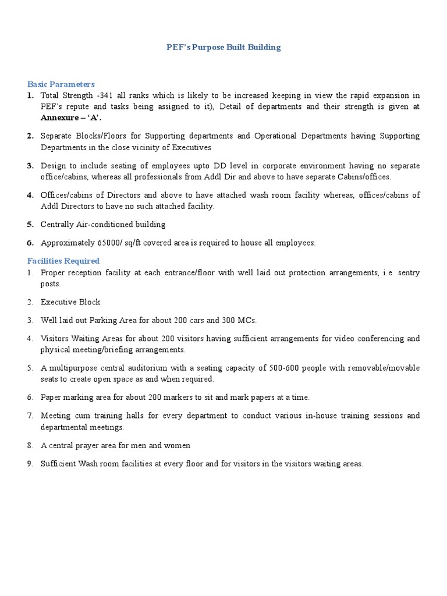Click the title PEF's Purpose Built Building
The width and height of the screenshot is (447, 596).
[223, 47]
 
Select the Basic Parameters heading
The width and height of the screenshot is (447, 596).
[61, 84]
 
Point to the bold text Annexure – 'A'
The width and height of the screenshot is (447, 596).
[70, 117]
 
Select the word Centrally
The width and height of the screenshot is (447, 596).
[58, 224]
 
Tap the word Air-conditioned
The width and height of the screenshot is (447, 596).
[107, 224]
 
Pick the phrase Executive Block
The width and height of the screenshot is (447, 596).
[70, 302]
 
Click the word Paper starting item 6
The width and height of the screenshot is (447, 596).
[51, 398]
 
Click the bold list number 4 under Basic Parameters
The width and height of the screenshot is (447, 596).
[30, 195]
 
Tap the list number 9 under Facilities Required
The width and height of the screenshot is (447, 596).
[30, 464]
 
